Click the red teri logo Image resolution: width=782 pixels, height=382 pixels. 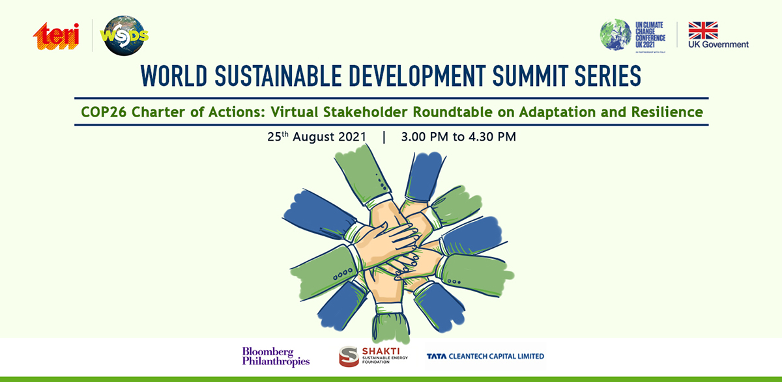[x=56, y=36]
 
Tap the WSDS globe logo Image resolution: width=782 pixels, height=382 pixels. [x=124, y=36]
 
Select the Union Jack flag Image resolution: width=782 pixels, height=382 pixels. [x=703, y=31]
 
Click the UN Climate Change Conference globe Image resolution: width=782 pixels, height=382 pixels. [x=615, y=34]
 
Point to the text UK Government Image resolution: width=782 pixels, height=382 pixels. [x=718, y=45]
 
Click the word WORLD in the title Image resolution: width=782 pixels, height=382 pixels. [x=174, y=76]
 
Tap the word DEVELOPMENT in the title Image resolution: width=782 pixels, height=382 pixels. [x=417, y=76]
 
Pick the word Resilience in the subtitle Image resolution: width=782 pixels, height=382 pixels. [x=667, y=112]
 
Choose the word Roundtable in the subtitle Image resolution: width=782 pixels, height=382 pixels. [x=452, y=112]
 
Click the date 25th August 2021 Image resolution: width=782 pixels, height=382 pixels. [x=317, y=137]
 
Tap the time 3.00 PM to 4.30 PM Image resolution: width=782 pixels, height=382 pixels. [x=458, y=137]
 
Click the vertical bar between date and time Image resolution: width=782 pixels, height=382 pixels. [x=384, y=137]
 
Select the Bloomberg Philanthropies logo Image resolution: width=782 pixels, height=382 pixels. [x=276, y=356]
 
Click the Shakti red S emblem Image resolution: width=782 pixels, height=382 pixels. [x=349, y=356]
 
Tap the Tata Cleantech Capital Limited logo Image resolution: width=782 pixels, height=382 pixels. [x=485, y=356]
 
